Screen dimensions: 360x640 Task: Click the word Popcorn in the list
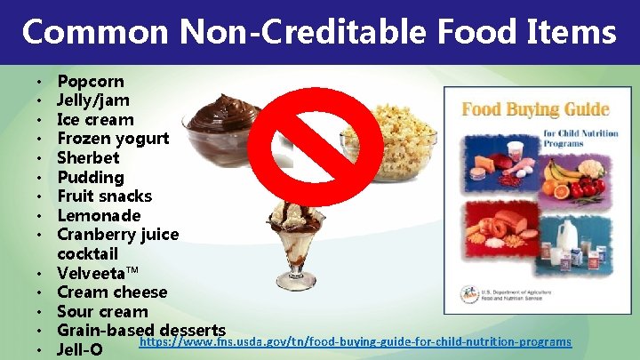pyautogui.click(x=91, y=82)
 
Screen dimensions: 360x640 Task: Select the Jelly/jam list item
pyautogui.click(x=92, y=100)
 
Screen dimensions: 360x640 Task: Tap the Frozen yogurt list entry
pyautogui.click(x=113, y=139)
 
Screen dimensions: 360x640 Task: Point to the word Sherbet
pyautogui.click(x=88, y=158)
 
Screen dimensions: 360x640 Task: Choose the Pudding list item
pyautogui.click(x=90, y=178)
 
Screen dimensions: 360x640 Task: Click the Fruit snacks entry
pyautogui.click(x=104, y=196)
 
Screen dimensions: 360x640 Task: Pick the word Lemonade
pyautogui.click(x=99, y=216)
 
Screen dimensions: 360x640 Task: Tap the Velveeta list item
pyautogui.click(x=98, y=274)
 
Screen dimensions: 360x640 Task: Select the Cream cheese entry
pyautogui.click(x=112, y=292)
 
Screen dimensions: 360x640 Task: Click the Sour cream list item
pyautogui.click(x=102, y=312)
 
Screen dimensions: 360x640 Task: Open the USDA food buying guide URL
pyautogui.click(x=356, y=342)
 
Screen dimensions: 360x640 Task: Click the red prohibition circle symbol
pyautogui.click(x=316, y=141)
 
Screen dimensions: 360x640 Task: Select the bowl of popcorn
pyautogui.click(x=391, y=142)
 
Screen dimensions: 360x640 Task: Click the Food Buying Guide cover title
pyautogui.click(x=533, y=110)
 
